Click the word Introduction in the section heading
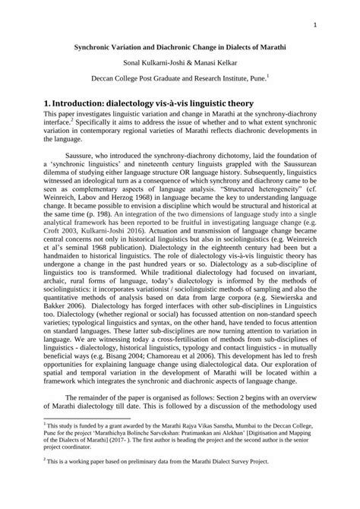coord(87,103)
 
